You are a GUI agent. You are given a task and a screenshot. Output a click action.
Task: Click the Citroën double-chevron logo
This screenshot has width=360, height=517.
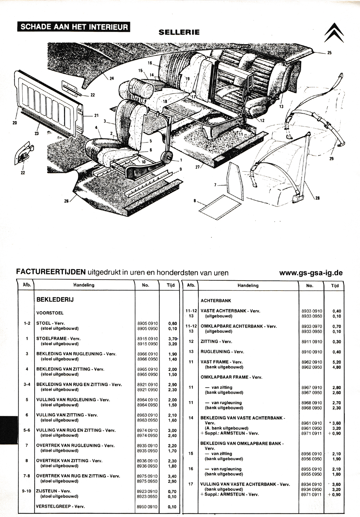pos(334,32)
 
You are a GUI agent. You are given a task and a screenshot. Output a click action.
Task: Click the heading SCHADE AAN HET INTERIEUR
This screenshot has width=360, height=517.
pos(74,27)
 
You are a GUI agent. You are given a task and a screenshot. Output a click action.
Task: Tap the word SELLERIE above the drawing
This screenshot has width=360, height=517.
pos(179,32)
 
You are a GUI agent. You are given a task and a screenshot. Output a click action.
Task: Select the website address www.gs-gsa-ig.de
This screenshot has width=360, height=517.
pos(311,273)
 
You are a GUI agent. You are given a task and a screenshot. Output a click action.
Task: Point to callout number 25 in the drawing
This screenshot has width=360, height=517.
pos(329,53)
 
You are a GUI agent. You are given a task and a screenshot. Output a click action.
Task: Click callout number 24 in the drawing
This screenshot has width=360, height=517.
pos(112,78)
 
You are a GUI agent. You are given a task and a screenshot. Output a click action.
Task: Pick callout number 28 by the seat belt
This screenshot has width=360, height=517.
pos(318,198)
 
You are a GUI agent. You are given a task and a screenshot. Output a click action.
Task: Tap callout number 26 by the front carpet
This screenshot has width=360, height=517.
pos(66,201)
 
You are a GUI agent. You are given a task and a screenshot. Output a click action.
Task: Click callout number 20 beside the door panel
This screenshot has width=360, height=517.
pos(15,123)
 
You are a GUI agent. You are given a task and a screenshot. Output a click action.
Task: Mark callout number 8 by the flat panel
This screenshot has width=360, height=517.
pos(195,201)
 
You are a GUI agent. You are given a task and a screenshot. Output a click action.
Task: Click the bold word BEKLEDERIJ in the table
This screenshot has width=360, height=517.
pos(55,300)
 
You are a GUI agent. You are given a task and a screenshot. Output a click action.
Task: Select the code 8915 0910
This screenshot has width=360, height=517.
pos(148,339)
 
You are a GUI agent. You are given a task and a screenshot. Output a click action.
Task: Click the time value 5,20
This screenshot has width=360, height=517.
pos(337,362)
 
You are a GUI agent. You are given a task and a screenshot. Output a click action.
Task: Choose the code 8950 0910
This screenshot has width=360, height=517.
pos(147,507)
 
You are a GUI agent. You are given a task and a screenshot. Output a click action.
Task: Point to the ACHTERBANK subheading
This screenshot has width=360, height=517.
pos(216,301)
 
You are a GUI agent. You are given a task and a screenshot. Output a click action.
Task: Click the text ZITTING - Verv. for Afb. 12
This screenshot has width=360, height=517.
pos(216,341)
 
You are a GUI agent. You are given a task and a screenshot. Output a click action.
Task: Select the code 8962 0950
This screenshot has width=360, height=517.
pos(311,367)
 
